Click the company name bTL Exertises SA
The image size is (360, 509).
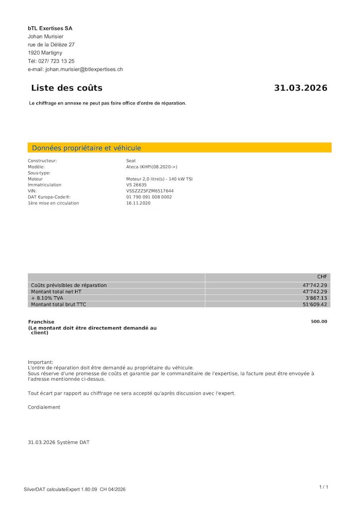[x=50, y=28]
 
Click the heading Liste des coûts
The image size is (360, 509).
[x=67, y=88]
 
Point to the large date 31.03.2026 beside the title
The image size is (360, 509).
[x=300, y=88]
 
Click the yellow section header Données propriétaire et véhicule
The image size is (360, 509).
[x=87, y=148]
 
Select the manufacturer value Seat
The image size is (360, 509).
[x=131, y=161]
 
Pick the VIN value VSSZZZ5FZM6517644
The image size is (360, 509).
[x=150, y=191]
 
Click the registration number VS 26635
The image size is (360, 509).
[x=136, y=185]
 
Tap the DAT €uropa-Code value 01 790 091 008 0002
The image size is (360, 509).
[x=149, y=197]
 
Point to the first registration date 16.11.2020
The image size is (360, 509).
[x=137, y=203]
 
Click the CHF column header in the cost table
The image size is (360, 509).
[x=322, y=277]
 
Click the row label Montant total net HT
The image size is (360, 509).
[x=56, y=292]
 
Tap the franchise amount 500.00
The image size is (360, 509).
[x=319, y=322]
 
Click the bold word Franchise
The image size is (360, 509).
[x=41, y=322]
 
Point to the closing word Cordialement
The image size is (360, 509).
[x=44, y=407]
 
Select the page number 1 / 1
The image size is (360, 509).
[x=323, y=487]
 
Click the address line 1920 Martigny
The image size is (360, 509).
[x=45, y=53]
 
